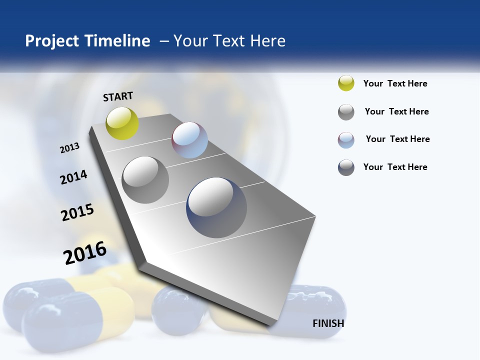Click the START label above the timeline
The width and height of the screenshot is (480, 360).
tap(118, 96)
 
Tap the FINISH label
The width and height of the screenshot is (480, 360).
tap(328, 323)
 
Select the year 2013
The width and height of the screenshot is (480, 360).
tap(70, 148)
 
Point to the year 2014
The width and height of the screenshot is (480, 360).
tap(73, 177)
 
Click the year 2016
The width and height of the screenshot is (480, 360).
tap(85, 253)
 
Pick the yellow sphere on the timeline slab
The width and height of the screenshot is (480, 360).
tap(122, 123)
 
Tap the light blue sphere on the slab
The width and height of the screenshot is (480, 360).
tap(189, 140)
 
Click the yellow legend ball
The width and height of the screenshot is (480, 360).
tap(346, 83)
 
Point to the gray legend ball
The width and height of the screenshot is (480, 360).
tap(346, 112)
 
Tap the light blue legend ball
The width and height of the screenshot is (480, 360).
tap(346, 140)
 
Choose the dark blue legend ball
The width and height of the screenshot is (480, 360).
tap(346, 167)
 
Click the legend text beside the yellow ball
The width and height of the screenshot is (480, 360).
tap(395, 83)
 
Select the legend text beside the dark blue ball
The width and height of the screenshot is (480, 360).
tap(395, 167)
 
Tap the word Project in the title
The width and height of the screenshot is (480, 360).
tap(52, 41)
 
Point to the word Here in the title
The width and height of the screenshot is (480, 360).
tap(267, 41)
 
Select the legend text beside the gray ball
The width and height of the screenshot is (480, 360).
tap(396, 111)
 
